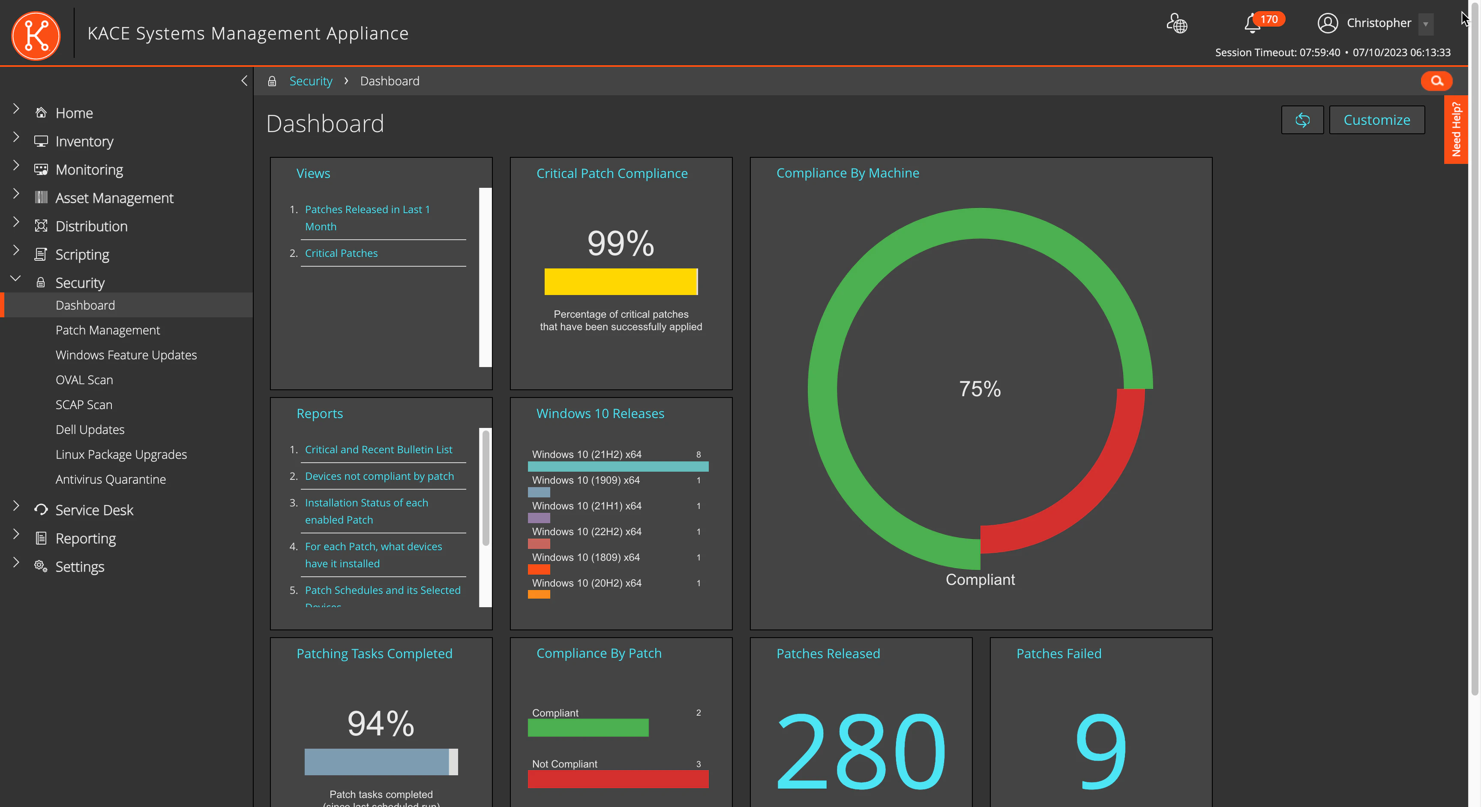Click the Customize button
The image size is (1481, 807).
coord(1376,120)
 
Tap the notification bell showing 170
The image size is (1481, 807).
coord(1252,23)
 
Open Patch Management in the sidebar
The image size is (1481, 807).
coord(108,330)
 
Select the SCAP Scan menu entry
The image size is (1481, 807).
coord(84,405)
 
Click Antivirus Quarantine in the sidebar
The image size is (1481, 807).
coord(111,479)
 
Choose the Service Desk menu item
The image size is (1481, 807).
coord(94,510)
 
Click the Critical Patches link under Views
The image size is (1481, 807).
coord(341,253)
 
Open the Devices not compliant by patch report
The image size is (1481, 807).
coord(379,476)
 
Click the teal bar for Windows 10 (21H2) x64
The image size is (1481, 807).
coord(618,467)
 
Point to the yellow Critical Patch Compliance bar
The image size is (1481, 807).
coord(621,282)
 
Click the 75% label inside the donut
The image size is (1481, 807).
coord(980,389)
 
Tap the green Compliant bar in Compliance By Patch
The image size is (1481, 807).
coord(588,728)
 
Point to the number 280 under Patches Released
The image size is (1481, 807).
coord(860,751)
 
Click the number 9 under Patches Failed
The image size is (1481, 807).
coord(1100,751)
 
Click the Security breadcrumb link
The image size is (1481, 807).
coord(310,81)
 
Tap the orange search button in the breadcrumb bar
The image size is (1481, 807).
coord(1436,81)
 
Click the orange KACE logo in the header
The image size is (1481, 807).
coord(36,36)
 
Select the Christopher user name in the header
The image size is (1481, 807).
coord(1378,23)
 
